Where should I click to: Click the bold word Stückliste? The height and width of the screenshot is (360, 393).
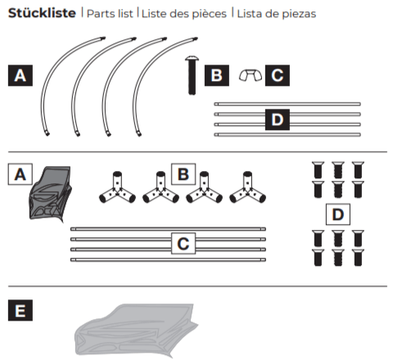(42, 13)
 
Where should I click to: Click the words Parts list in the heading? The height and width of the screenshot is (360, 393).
(110, 14)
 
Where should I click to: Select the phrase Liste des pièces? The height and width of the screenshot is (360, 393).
(184, 14)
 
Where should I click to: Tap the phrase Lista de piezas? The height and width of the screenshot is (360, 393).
(277, 14)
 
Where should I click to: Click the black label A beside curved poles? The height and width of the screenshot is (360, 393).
(20, 75)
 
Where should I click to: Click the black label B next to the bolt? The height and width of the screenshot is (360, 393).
(217, 75)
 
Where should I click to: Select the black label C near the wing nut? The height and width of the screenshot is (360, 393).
(278, 75)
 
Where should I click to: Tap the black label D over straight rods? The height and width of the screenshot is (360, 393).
(278, 119)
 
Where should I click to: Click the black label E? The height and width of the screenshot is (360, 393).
(20, 310)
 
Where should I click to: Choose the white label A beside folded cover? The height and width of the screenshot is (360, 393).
(20, 174)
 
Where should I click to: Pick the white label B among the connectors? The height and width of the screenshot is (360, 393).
(183, 174)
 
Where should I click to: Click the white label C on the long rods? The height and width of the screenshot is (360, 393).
(183, 244)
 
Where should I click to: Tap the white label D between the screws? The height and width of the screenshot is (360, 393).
(338, 214)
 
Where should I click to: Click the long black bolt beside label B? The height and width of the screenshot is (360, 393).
(192, 75)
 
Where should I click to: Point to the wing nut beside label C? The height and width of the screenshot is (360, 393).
(251, 75)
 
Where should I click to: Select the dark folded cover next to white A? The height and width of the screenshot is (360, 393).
(51, 194)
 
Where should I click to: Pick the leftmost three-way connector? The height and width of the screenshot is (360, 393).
(117, 191)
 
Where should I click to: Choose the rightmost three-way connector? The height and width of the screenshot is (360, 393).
(247, 191)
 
